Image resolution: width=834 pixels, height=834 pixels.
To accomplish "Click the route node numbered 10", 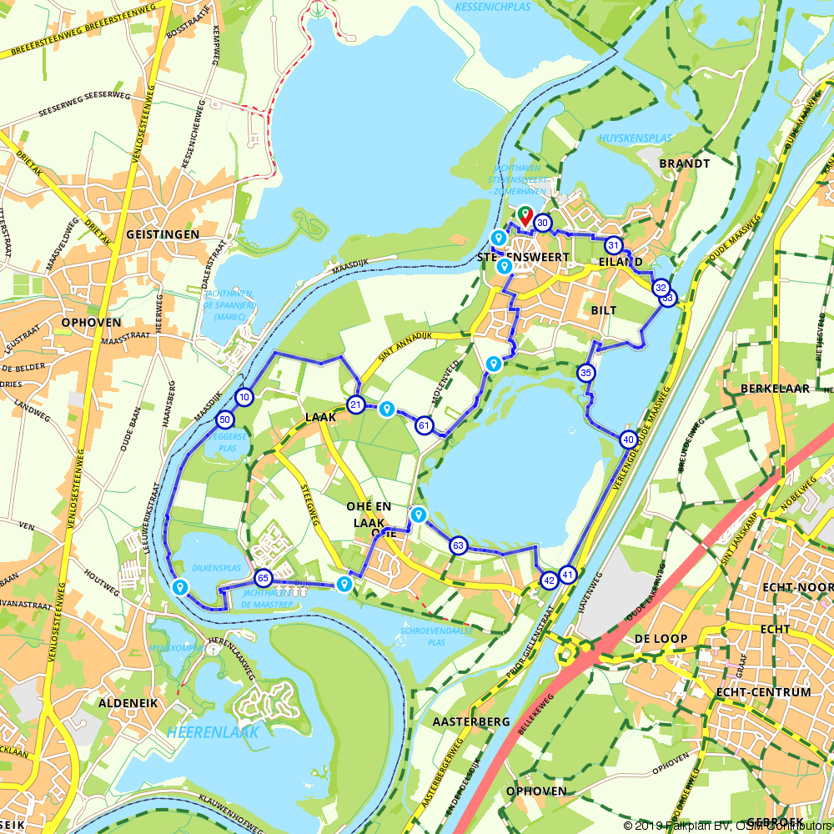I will coord(244,397).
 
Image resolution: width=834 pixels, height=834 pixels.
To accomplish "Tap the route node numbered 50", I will coord(224,420).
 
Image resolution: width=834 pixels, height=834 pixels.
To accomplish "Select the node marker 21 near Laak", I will coord(356,405).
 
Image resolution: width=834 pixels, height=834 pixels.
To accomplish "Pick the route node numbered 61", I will coord(424,425).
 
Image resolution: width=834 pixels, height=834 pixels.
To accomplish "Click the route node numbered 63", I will coord(458,545).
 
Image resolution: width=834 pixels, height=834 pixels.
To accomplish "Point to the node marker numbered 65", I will coord(263,578).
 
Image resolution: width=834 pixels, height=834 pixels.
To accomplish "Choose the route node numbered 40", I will coord(629,439).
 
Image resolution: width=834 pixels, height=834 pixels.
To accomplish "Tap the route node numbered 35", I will coord(585,373).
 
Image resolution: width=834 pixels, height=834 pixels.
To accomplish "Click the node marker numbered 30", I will coord(543,223).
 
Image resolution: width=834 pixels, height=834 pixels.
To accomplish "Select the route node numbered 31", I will coord(614,245).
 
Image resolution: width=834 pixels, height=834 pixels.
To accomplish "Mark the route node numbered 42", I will coord(549,580).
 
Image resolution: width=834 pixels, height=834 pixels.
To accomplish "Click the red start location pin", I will coord(525,215).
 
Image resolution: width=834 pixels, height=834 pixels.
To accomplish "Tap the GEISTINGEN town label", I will coord(163,235).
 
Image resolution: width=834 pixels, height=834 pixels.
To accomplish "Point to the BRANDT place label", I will coord(684,163).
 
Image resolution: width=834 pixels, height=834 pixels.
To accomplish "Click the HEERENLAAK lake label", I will coord(213,732).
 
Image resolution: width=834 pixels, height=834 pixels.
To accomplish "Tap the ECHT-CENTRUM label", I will coord(763,692).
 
